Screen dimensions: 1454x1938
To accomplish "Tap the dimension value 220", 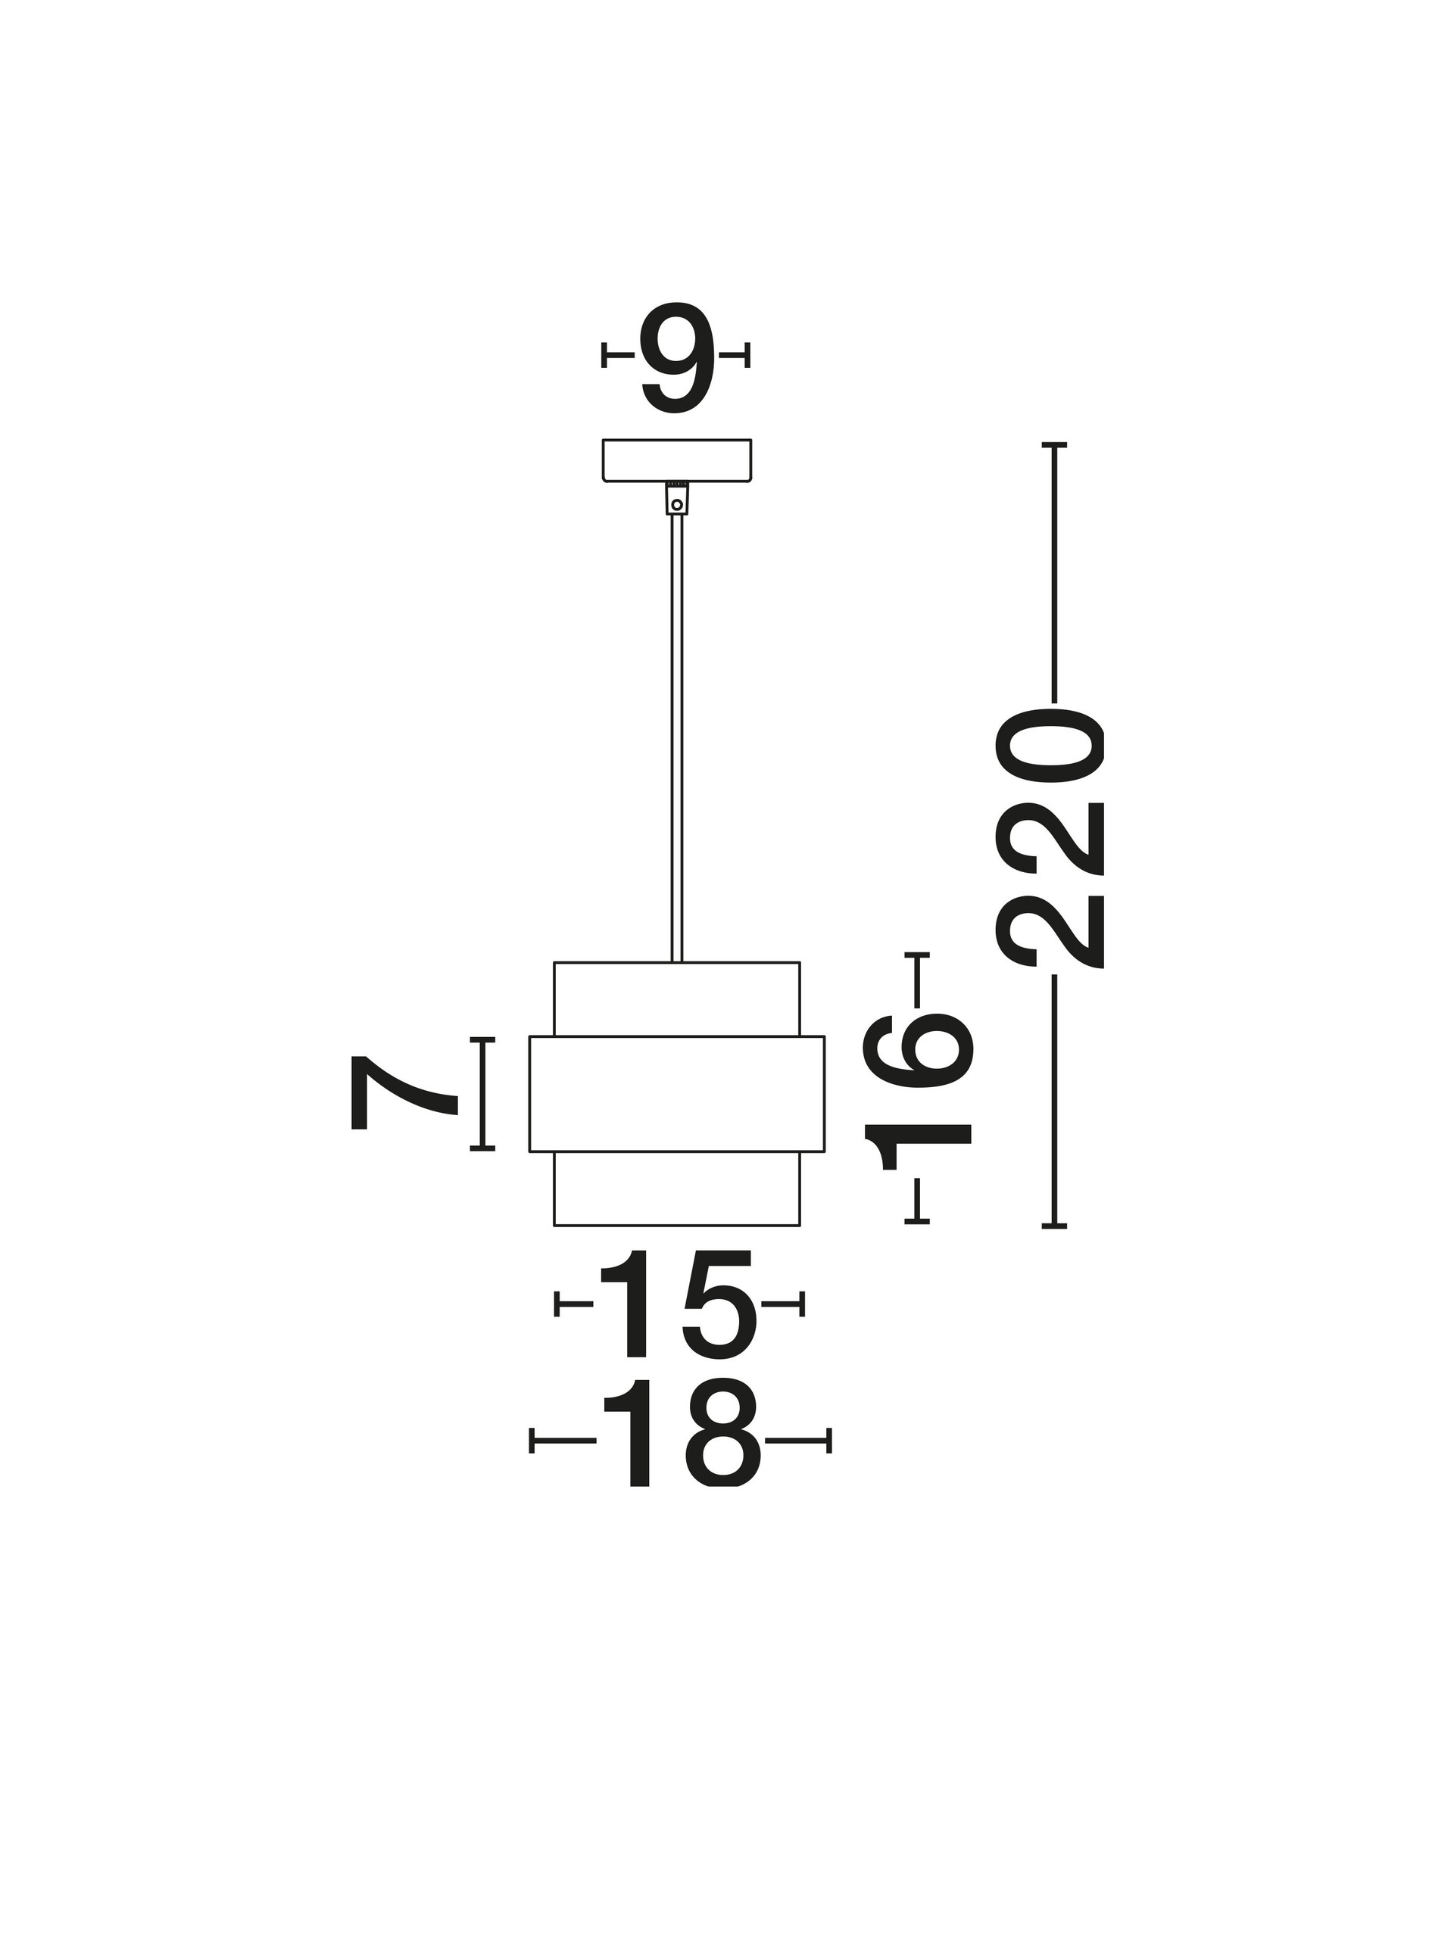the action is click(1049, 840).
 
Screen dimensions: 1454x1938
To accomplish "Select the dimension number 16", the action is click(918, 1091).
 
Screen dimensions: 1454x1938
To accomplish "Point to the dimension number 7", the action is click(403, 1092).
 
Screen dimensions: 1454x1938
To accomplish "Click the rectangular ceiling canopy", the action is click(676, 460).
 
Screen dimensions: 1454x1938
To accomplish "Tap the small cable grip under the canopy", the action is click(676, 499).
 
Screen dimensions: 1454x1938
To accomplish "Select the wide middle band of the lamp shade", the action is click(676, 1094).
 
